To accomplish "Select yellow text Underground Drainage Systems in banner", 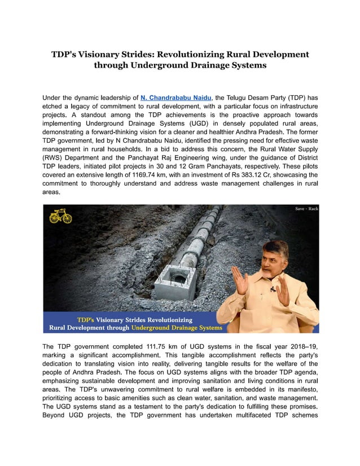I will coord(176,328).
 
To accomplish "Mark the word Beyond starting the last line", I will coord(56,415).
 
